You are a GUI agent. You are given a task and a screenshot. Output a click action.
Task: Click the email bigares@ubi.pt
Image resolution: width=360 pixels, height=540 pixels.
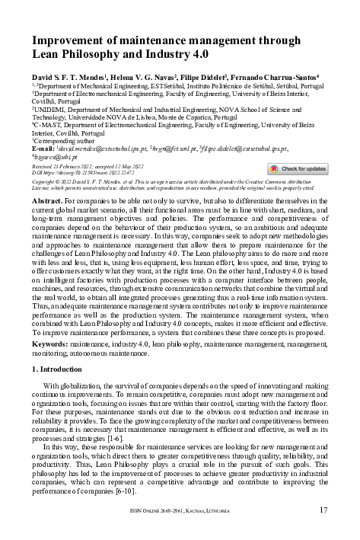[54, 158]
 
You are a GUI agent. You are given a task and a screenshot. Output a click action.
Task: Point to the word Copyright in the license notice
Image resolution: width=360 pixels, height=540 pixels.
[46, 183]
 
